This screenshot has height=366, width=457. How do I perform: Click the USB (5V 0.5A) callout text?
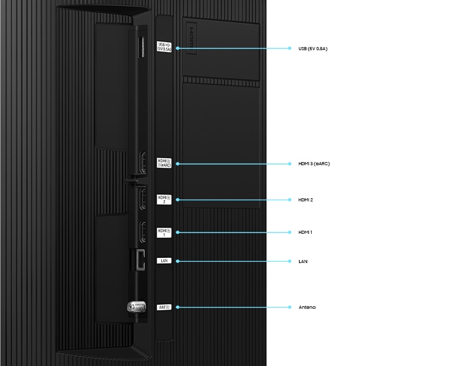pyautogui.click(x=312, y=48)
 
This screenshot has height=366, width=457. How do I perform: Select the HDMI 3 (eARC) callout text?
pyautogui.click(x=314, y=164)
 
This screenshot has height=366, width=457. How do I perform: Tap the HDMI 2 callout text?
pyautogui.click(x=305, y=200)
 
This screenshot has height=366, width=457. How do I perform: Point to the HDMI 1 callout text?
pyautogui.click(x=305, y=233)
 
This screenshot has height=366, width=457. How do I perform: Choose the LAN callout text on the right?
pyautogui.click(x=303, y=261)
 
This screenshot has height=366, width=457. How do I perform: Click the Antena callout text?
pyautogui.click(x=307, y=308)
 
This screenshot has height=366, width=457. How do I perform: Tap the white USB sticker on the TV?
pyautogui.click(x=164, y=46)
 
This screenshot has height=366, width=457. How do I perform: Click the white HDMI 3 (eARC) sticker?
pyautogui.click(x=164, y=163)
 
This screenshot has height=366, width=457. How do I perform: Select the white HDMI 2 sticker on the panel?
pyautogui.click(x=164, y=200)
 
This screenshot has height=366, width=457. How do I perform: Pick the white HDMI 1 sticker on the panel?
pyautogui.click(x=164, y=232)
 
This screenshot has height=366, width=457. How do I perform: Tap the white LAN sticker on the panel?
pyautogui.click(x=164, y=261)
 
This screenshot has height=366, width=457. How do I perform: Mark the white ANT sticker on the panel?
pyautogui.click(x=164, y=308)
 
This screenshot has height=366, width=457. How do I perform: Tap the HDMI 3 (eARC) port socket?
pyautogui.click(x=143, y=163)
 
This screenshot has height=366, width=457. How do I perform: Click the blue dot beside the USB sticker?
pyautogui.click(x=177, y=48)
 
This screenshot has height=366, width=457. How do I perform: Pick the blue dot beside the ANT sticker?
pyautogui.click(x=177, y=308)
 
